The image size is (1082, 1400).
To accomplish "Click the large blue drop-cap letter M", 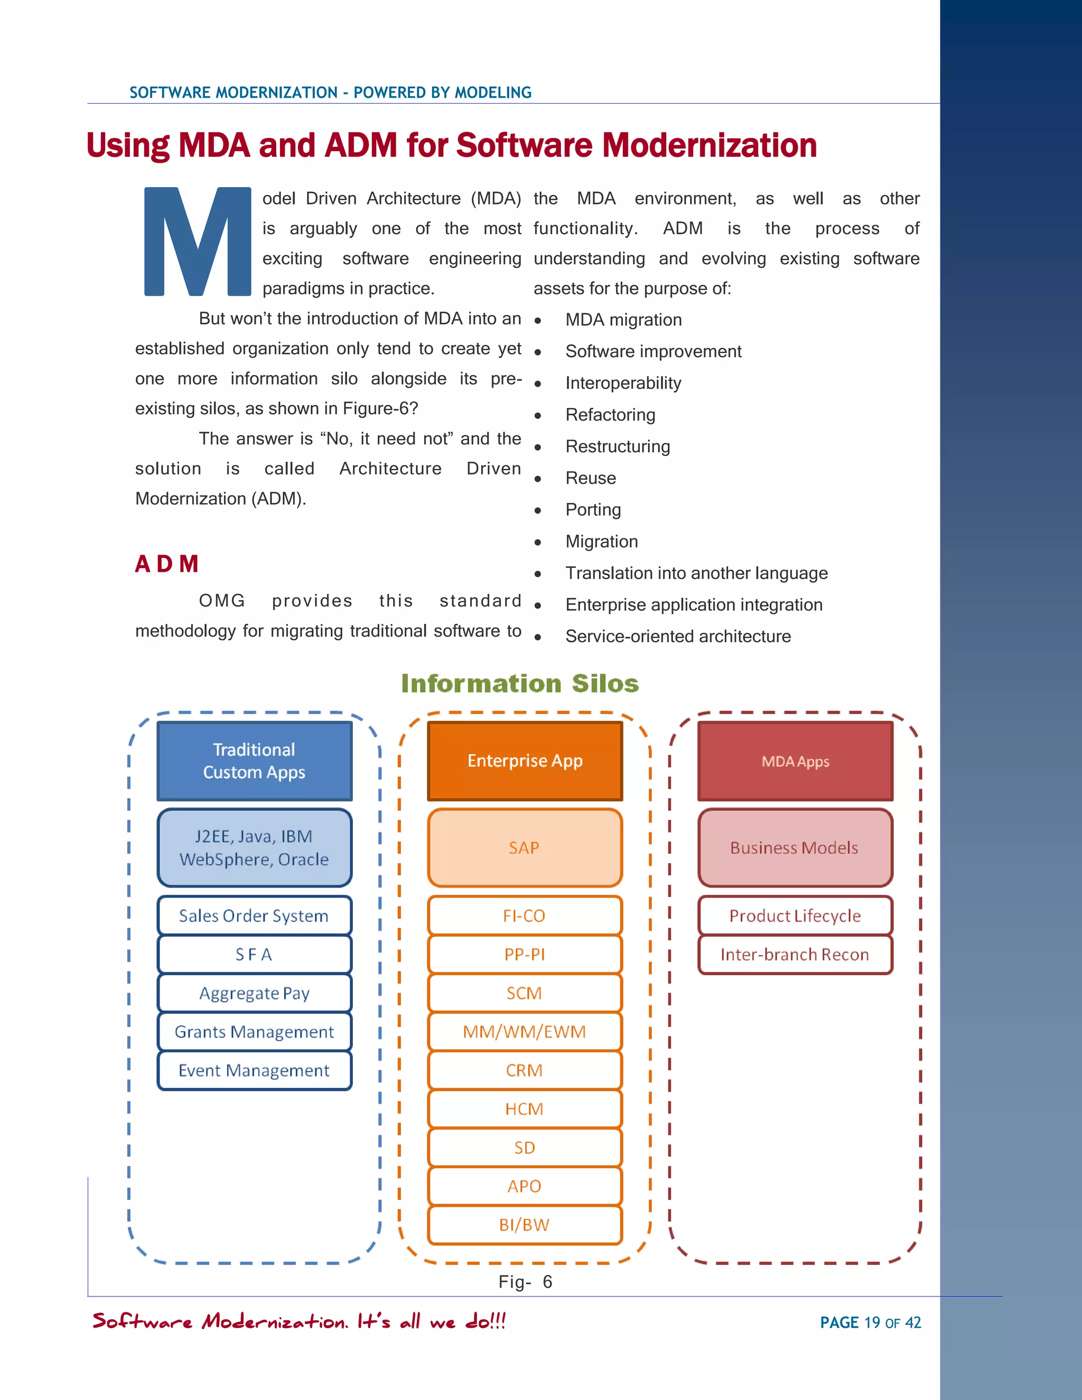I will point(198,241).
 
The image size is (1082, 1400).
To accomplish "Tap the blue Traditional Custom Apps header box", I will point(255,761).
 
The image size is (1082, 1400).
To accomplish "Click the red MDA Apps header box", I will point(795,761).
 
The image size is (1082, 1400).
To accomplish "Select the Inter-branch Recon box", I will point(795,955).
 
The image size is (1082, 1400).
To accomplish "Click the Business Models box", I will point(795,847).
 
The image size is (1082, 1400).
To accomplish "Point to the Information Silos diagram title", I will point(520,683).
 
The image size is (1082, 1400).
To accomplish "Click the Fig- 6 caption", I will point(525,1282).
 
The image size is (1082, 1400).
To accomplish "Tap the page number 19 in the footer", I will point(872,1322).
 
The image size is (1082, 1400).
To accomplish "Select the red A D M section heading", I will point(166,564).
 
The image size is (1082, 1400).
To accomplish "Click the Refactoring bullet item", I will point(610,415).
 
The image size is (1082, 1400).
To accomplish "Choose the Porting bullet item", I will point(593,510).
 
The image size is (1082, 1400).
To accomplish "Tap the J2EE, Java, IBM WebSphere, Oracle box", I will point(255,847).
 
